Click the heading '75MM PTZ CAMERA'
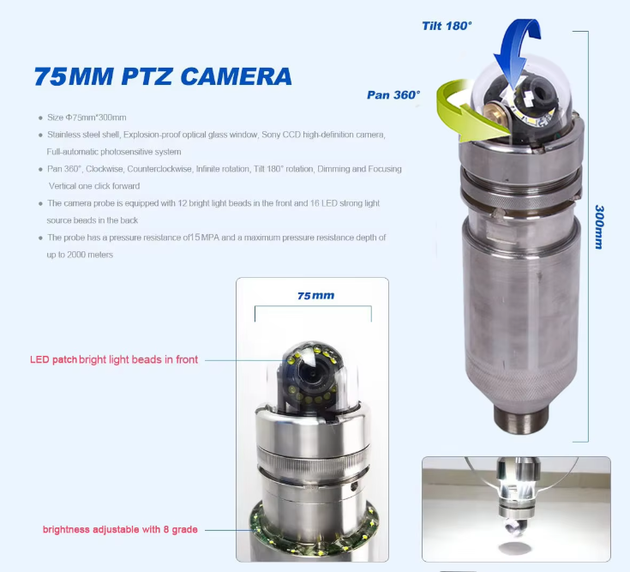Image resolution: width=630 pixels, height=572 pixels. [163, 76]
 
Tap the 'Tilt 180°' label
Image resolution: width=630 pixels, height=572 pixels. [447, 26]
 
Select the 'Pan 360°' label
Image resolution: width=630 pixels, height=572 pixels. [393, 95]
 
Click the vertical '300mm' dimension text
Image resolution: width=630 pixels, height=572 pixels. [599, 227]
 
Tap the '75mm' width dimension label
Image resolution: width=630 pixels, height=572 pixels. [315, 296]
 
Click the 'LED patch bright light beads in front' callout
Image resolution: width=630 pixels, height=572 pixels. [114, 359]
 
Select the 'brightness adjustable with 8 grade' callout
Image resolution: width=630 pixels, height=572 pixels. [120, 529]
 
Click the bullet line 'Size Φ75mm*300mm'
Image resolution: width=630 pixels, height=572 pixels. [87, 117]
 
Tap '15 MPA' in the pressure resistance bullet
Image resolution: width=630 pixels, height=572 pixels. [205, 238]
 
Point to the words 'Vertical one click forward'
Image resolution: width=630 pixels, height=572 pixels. [94, 186]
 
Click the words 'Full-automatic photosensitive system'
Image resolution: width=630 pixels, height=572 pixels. [114, 152]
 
